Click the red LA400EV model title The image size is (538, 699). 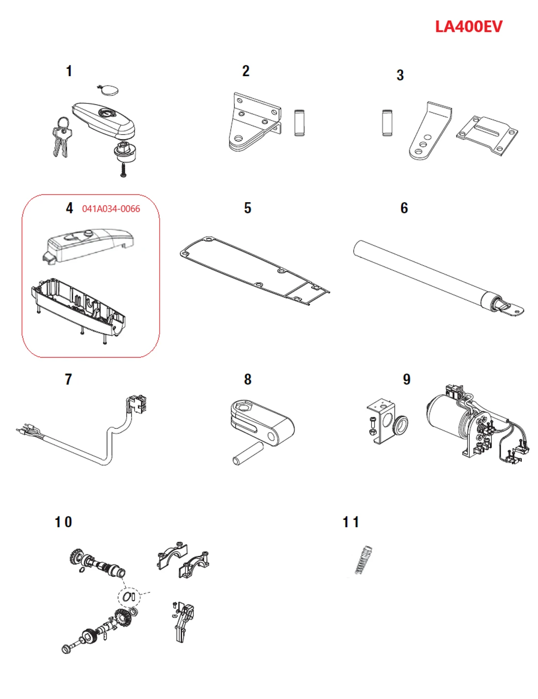click(468, 27)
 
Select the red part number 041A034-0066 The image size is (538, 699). click(111, 209)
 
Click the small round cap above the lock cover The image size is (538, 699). click(108, 90)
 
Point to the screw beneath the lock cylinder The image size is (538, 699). click(123, 170)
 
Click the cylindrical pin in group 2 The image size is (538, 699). click(299, 123)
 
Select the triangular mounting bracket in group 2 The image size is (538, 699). click(252, 123)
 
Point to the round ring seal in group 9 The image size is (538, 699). click(401, 425)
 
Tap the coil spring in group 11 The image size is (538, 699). click(363, 560)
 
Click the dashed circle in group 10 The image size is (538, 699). click(129, 596)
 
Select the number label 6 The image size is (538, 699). click(404, 208)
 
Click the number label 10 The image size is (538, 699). click(63, 522)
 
